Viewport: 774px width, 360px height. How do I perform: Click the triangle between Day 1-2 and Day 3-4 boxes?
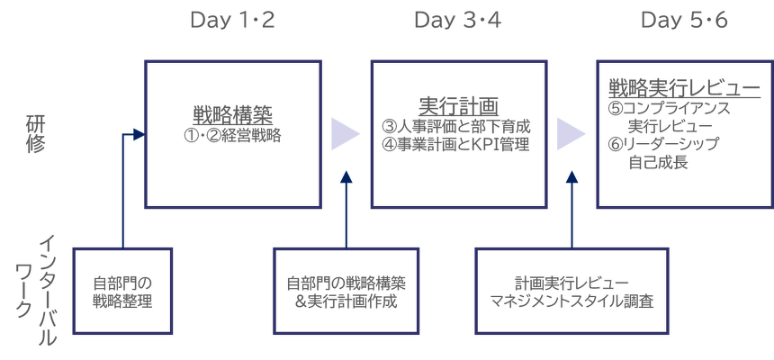[x=345, y=134]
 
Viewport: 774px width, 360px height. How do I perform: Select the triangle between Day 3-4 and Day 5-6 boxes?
[x=571, y=134]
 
